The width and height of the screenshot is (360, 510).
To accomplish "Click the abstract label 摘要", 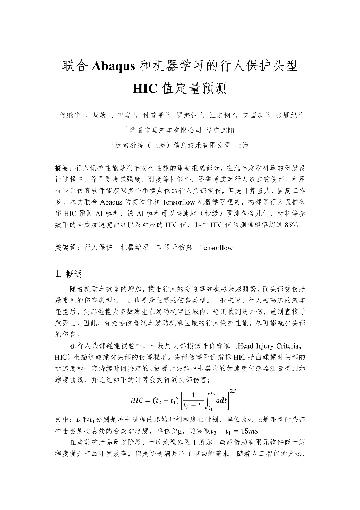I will (x=63, y=167).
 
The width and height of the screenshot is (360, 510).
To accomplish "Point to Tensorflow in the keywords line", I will (x=216, y=248).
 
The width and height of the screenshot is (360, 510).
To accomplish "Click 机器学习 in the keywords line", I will (x=135, y=248).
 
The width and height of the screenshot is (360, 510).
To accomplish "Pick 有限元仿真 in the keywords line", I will (x=173, y=248).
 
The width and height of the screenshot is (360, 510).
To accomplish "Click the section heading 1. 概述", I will (x=68, y=274).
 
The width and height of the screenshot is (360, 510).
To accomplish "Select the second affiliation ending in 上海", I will (x=179, y=144).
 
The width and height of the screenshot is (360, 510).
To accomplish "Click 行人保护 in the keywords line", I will (x=98, y=248).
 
